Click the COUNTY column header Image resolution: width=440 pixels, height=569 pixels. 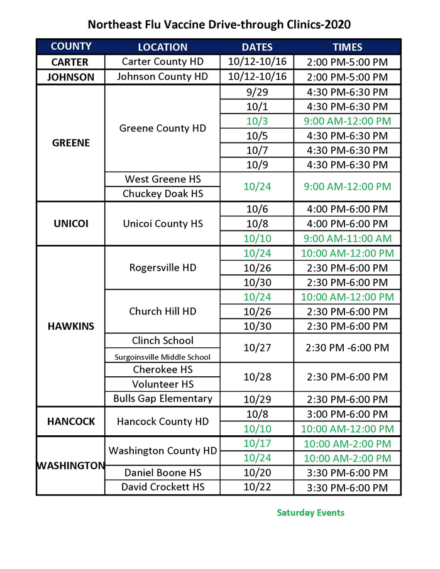pos(71,46)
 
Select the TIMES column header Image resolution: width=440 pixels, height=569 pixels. pos(347,47)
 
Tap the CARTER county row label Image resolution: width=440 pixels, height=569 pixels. pos(70,62)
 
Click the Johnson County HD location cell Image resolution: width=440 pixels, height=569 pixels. pos(162,77)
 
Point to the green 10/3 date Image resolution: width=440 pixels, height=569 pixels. pos(256,121)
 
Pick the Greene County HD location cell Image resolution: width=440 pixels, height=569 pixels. pos(162,128)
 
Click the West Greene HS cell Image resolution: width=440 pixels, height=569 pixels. pos(162,180)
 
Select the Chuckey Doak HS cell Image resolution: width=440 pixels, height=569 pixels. pos(162,194)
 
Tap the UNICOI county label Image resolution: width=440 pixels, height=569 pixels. pos(70,223)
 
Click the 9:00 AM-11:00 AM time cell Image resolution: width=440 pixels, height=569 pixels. pos(347,238)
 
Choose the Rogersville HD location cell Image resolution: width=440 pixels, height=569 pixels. pos(162,268)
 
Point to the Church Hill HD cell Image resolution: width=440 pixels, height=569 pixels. pos(162,312)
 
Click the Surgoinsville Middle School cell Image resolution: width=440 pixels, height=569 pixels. pos(162,357)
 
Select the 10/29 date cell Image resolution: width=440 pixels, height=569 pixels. pos(256,399)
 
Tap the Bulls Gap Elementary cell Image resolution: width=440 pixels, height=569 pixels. pos(162,399)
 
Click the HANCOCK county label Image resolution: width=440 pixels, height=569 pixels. pos(70,421)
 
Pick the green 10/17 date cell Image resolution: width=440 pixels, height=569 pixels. pos(256,443)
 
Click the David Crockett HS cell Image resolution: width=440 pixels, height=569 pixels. pos(162,487)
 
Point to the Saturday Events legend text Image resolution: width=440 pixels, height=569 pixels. pos(311,512)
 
